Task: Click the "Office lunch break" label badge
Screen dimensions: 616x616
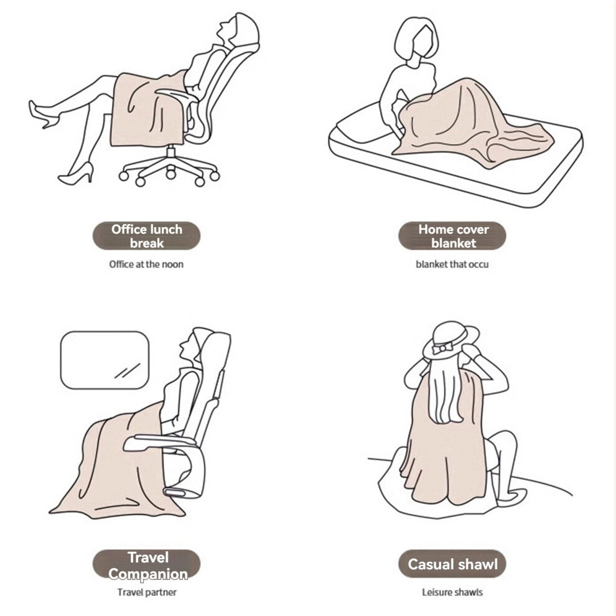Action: pos(147,236)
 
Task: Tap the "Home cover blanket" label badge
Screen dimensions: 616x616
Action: pos(452,236)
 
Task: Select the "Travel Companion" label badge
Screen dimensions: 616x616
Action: pos(147,564)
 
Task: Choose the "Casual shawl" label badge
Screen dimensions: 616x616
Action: pos(452,564)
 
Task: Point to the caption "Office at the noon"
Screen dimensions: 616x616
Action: pos(146,264)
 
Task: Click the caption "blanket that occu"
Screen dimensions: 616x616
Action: pos(452,264)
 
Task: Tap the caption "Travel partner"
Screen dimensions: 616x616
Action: pos(147,592)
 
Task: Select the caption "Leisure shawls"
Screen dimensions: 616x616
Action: pos(452,592)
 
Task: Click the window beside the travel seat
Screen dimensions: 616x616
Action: pos(105,360)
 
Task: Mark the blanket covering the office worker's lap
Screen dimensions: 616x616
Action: pos(147,110)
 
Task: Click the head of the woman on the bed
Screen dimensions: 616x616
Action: pos(416,39)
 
